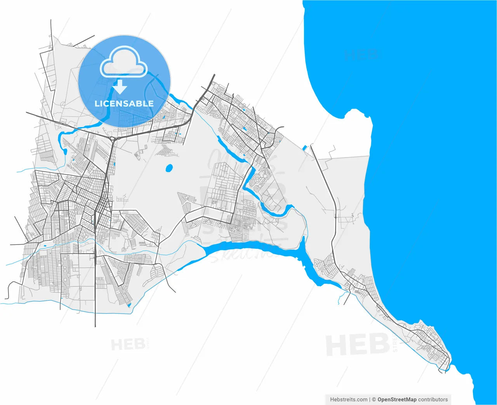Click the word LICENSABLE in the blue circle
click(124, 103)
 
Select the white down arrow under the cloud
click(120, 87)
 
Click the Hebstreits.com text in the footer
click(348, 399)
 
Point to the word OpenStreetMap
click(397, 399)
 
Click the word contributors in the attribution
click(433, 399)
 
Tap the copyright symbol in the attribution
click(374, 399)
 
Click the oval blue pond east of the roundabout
click(169, 168)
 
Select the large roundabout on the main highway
click(113, 138)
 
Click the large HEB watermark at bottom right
click(357, 345)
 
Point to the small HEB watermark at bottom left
click(128, 344)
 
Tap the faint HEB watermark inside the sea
click(361, 55)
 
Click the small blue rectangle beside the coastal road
click(304, 148)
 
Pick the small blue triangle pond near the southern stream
click(129, 305)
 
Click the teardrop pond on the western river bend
click(65, 151)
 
